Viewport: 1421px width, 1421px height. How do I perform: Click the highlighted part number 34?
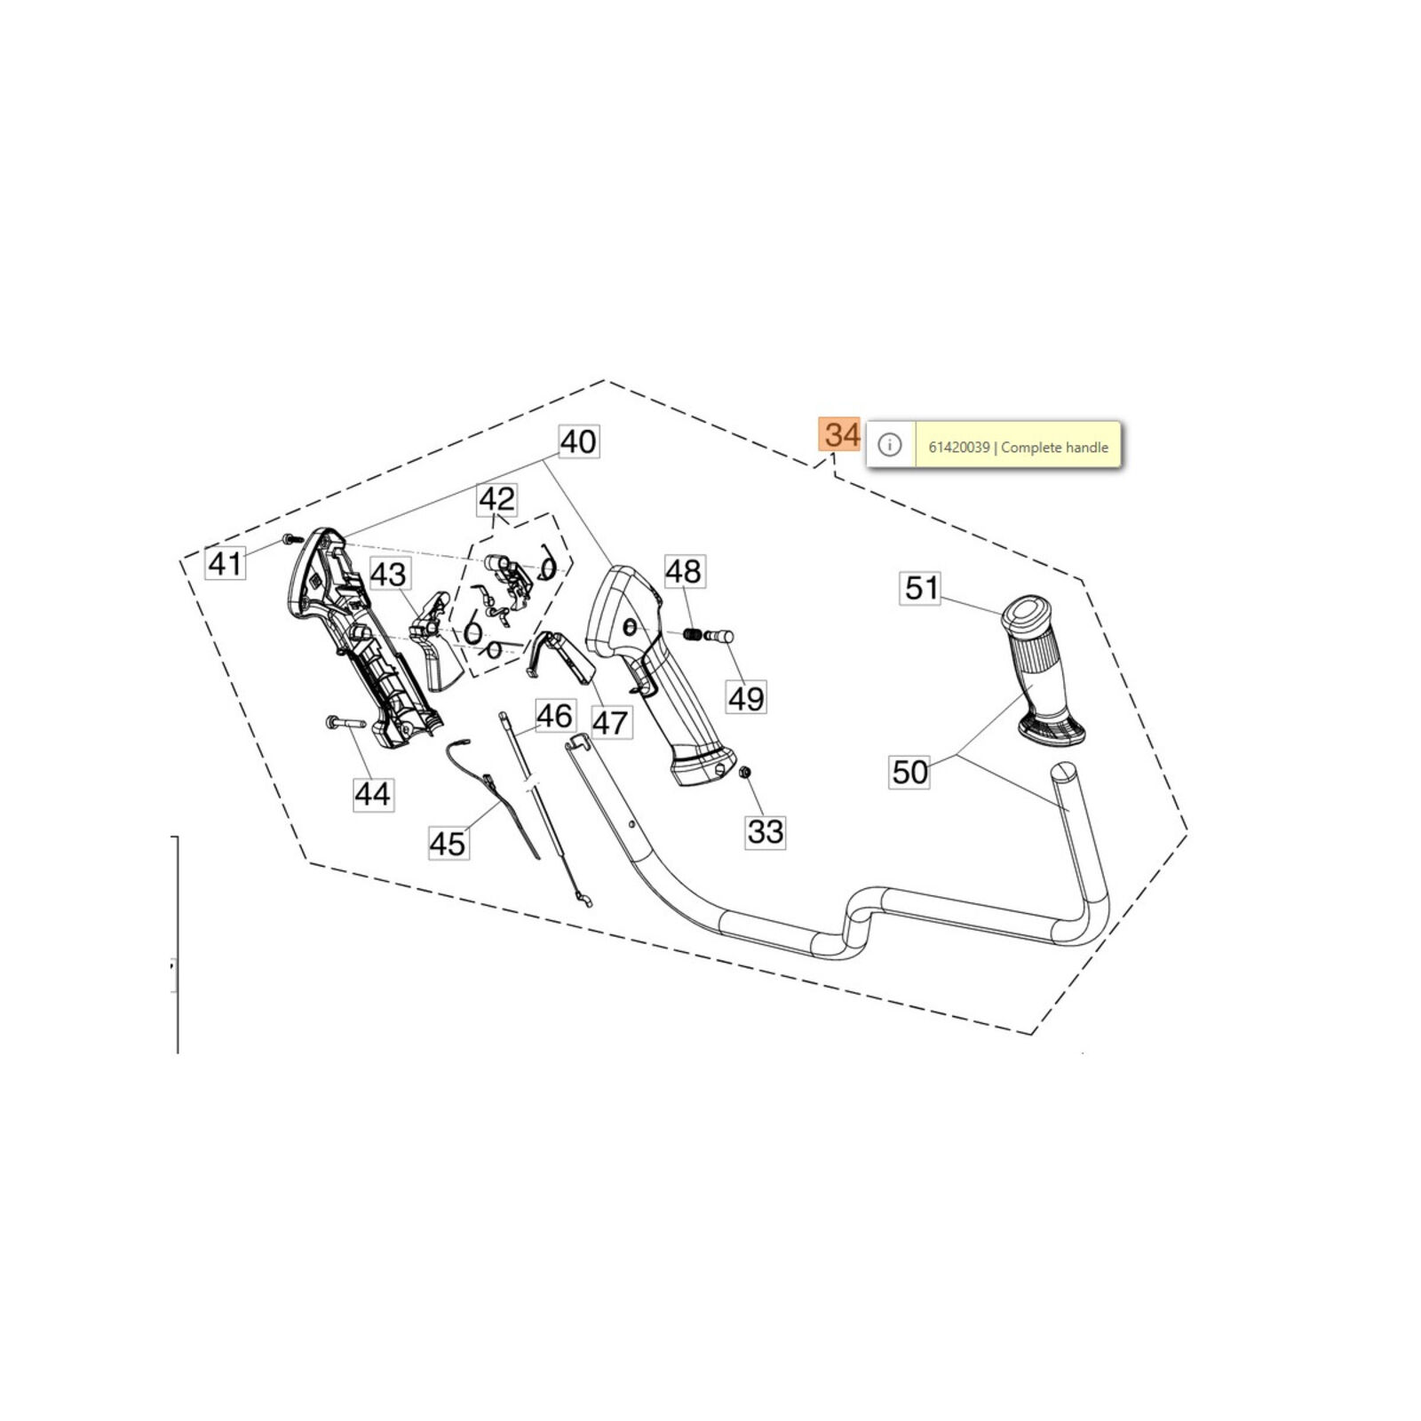[840, 434]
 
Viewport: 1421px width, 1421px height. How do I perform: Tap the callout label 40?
[579, 441]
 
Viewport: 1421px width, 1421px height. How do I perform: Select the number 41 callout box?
[225, 562]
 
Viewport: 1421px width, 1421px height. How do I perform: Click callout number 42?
[496, 499]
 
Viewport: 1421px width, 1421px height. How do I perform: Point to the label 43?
[388, 575]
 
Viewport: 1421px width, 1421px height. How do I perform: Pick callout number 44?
[372, 793]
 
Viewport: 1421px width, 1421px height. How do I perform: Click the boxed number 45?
[448, 843]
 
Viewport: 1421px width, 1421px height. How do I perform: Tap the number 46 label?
[555, 716]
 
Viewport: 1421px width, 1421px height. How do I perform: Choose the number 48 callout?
[684, 571]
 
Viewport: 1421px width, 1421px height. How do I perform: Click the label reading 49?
[746, 698]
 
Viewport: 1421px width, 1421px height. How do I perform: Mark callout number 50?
[910, 772]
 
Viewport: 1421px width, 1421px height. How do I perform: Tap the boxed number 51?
[922, 588]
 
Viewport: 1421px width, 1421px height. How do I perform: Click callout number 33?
[766, 832]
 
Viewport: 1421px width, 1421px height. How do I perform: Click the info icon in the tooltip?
[890, 444]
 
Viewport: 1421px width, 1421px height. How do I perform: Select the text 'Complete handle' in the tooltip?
[1054, 448]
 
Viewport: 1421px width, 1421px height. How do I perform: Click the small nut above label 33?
[747, 771]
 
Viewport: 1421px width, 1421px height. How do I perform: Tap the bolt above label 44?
[345, 722]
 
